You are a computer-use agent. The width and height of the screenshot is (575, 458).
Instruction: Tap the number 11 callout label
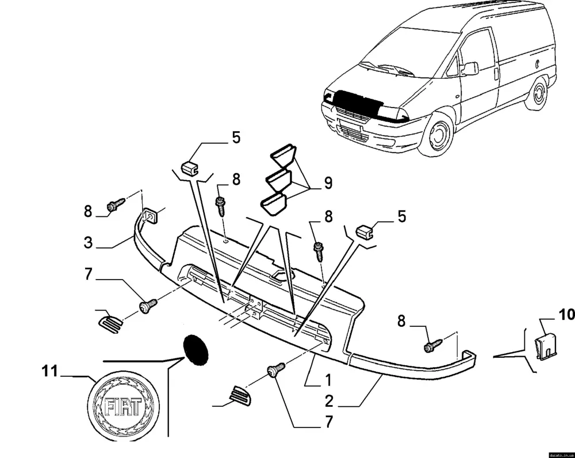tap(51, 371)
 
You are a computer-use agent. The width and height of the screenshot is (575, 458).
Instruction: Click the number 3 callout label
tap(87, 242)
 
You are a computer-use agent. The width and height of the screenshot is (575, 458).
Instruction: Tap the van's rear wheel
tap(538, 92)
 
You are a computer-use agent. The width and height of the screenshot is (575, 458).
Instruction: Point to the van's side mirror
tap(470, 68)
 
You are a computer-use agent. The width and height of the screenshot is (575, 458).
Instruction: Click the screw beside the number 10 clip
tap(433, 345)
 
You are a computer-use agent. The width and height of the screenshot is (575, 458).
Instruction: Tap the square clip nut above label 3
tap(151, 215)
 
